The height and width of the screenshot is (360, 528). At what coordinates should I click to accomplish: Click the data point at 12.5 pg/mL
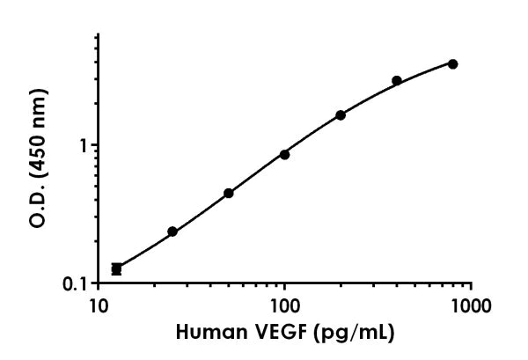point(116,268)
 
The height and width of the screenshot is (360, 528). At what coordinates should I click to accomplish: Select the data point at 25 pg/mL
point(172,231)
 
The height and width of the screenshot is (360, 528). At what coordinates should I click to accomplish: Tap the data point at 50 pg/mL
point(229,193)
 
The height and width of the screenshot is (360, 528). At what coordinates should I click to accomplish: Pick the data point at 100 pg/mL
point(284,154)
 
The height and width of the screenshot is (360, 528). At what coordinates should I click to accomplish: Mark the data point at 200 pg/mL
point(341,115)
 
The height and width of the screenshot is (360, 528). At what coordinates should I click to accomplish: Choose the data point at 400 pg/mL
point(397,80)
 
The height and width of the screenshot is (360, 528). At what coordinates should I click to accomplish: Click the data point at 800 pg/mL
point(452,63)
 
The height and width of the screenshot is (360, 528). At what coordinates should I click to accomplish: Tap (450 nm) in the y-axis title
point(39,128)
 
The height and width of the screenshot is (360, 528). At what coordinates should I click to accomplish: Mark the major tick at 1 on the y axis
point(92,145)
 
